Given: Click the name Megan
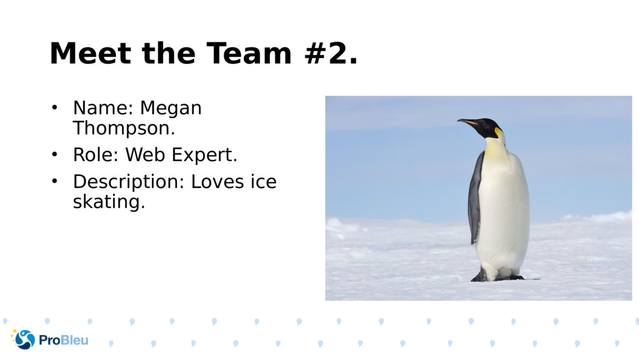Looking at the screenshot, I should click(171, 108).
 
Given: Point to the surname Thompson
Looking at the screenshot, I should click(123, 128).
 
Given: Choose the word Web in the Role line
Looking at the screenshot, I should click(145, 155).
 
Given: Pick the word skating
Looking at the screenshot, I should click(109, 202).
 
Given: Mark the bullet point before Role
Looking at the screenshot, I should click(55, 154).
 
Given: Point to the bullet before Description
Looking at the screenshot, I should click(55, 181).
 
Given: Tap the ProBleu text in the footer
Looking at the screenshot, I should click(64, 340).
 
